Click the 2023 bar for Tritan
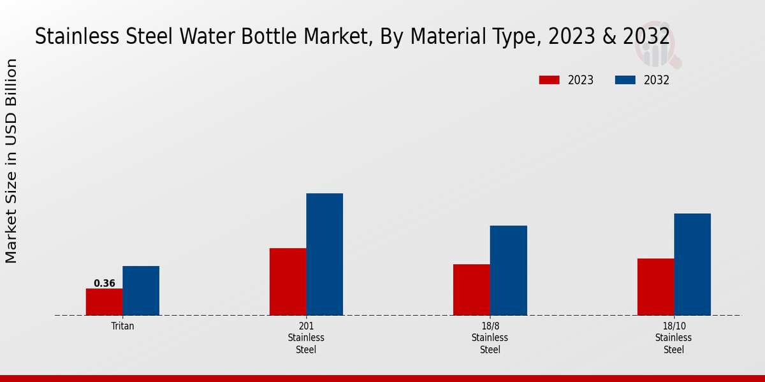104,302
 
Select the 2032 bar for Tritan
141,290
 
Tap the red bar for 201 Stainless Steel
288,281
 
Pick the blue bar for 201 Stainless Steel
324,254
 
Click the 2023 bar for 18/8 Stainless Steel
472,290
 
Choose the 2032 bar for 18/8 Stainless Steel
509,270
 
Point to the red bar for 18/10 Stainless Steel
655,286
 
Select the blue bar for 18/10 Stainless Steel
692,264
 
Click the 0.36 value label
104,283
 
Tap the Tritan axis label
122,325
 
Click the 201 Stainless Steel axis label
306,337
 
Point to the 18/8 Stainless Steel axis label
490,337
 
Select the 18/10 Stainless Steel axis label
673,337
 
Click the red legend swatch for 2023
549,80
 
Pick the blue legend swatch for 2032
625,80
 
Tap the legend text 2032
656,80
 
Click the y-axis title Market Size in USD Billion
11,160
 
